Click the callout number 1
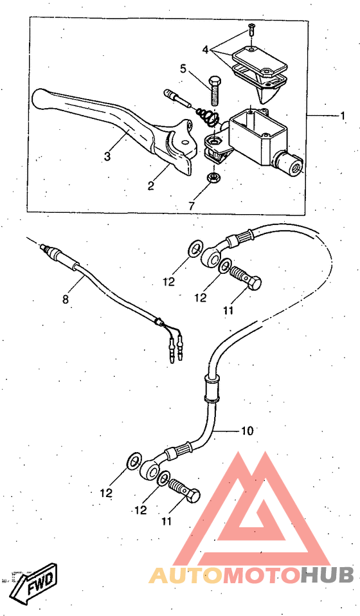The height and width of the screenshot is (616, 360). click(x=343, y=116)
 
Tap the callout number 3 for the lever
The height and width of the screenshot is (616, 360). click(x=107, y=156)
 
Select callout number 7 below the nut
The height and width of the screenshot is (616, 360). click(x=191, y=206)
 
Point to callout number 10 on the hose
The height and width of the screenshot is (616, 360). click(x=247, y=431)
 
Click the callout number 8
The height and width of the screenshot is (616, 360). click(x=65, y=300)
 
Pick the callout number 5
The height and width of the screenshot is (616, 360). click(x=183, y=68)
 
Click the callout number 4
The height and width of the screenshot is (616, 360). click(x=205, y=50)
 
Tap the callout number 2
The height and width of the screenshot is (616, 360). click(x=151, y=185)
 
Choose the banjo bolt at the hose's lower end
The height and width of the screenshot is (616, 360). click(x=184, y=491)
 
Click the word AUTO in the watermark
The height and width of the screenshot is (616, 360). click(x=186, y=575)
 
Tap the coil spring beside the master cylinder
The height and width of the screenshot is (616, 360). click(x=206, y=117)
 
